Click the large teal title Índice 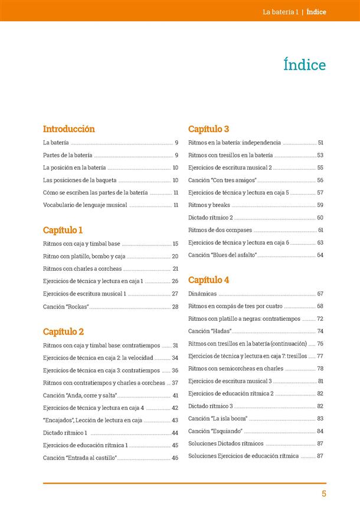coord(305,64)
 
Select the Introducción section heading coord(69,129)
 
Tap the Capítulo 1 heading coord(63,230)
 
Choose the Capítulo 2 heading coord(64,331)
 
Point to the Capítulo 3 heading coord(208,129)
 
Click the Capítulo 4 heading coord(209,280)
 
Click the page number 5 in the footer coord(324,494)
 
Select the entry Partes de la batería coord(68,155)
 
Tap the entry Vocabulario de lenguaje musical coord(85,205)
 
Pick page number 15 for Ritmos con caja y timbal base coord(175,244)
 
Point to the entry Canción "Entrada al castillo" coord(80,458)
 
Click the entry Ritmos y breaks coord(209,205)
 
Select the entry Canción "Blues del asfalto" coord(222,255)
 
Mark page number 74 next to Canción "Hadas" coord(320,331)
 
